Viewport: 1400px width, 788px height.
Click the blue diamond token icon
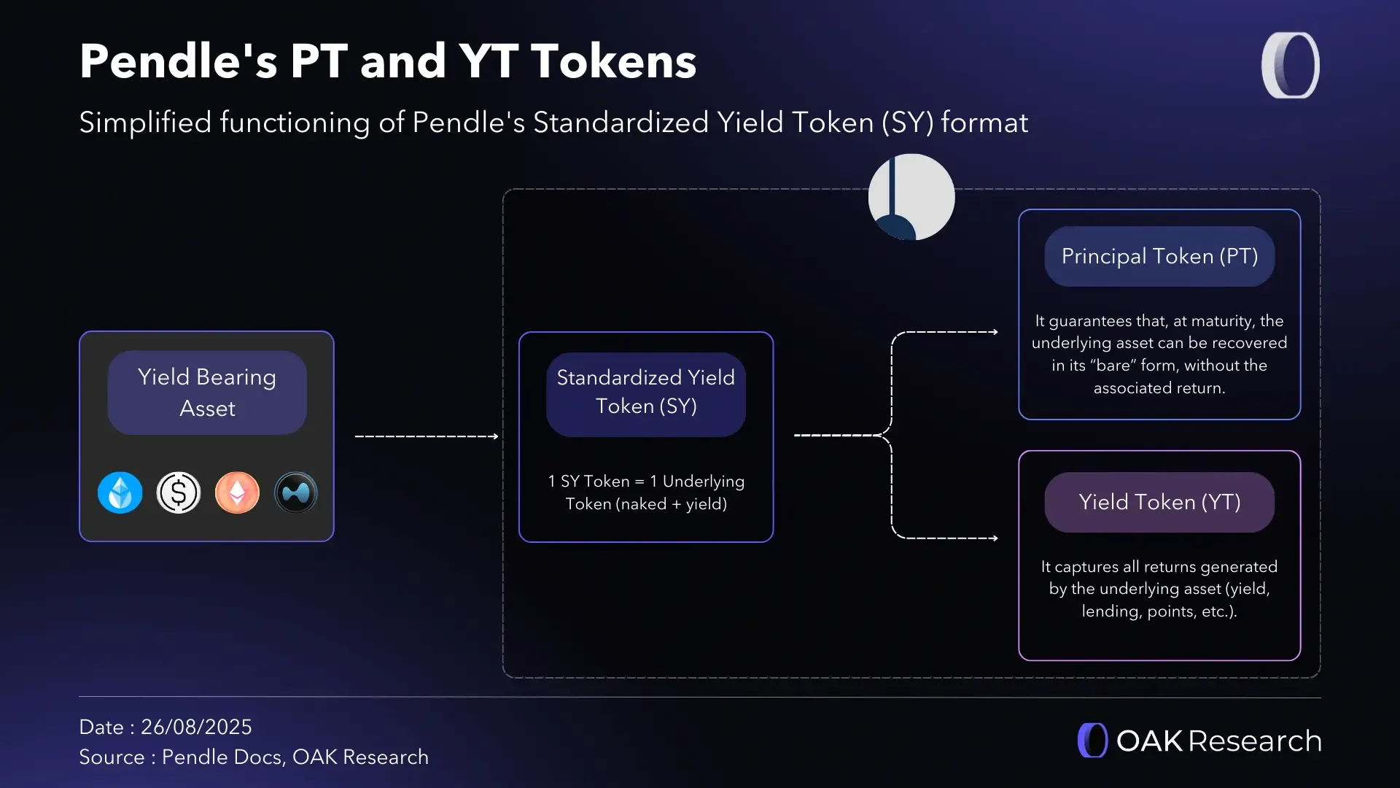tap(120, 492)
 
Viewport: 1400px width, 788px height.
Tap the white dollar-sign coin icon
tap(179, 492)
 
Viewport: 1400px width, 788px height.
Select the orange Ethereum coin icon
tap(237, 492)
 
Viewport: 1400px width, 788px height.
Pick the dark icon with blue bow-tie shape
tap(296, 492)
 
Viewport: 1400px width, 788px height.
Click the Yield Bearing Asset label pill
tap(207, 393)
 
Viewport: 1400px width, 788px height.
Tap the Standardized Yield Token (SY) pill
tap(646, 395)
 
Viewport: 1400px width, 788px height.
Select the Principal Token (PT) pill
tap(1159, 256)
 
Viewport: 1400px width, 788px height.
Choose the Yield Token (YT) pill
tap(1159, 502)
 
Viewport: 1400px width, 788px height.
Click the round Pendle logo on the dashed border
tap(911, 197)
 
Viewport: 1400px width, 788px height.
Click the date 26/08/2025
tap(196, 727)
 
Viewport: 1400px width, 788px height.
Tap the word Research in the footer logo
tap(1255, 741)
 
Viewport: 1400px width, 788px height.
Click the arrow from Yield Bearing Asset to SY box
tap(427, 436)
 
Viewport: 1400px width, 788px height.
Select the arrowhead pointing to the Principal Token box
tap(995, 332)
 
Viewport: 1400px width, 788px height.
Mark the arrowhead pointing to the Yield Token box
tap(995, 538)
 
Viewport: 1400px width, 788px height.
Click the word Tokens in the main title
tap(613, 61)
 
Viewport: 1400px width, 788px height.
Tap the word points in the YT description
tap(1171, 611)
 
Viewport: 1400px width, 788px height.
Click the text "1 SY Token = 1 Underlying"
tap(646, 482)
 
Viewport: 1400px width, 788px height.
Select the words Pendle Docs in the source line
tap(222, 757)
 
